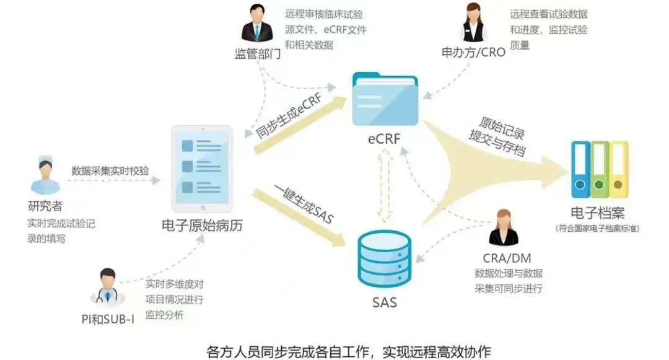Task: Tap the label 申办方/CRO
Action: pyautogui.click(x=473, y=52)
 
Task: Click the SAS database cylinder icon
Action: pyautogui.click(x=385, y=260)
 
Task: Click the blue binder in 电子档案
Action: pyautogui.click(x=581, y=167)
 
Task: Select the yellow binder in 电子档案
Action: pyautogui.click(x=618, y=167)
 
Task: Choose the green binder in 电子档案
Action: pyautogui.click(x=599, y=167)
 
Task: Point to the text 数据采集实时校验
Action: pyautogui.click(x=110, y=171)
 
